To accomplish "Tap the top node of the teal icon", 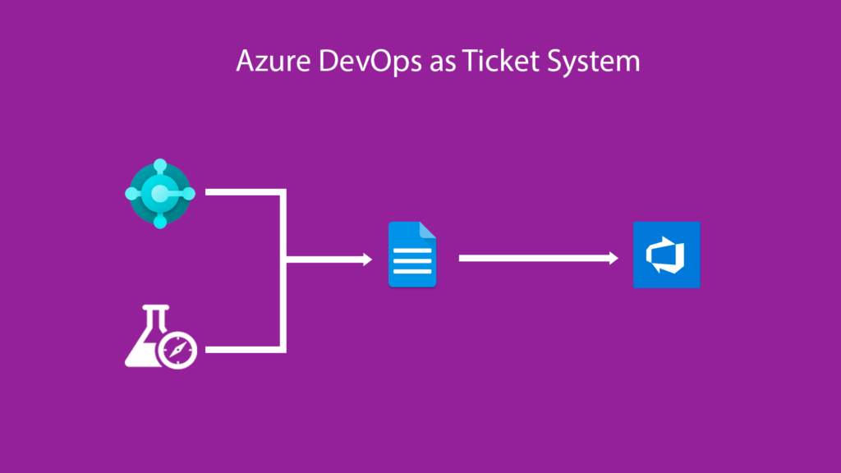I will click(159, 166).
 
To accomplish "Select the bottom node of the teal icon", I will click(159, 222).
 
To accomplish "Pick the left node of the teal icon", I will click(131, 194).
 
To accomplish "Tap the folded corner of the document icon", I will click(428, 229).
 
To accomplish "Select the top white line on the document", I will click(412, 252).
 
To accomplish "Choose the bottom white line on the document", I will click(412, 273).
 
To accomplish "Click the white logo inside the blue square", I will click(666, 255).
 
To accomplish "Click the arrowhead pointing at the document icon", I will click(366, 260).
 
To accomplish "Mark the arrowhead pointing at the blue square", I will click(613, 258).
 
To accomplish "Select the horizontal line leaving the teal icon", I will click(242, 192).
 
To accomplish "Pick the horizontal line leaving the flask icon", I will click(242, 350).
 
